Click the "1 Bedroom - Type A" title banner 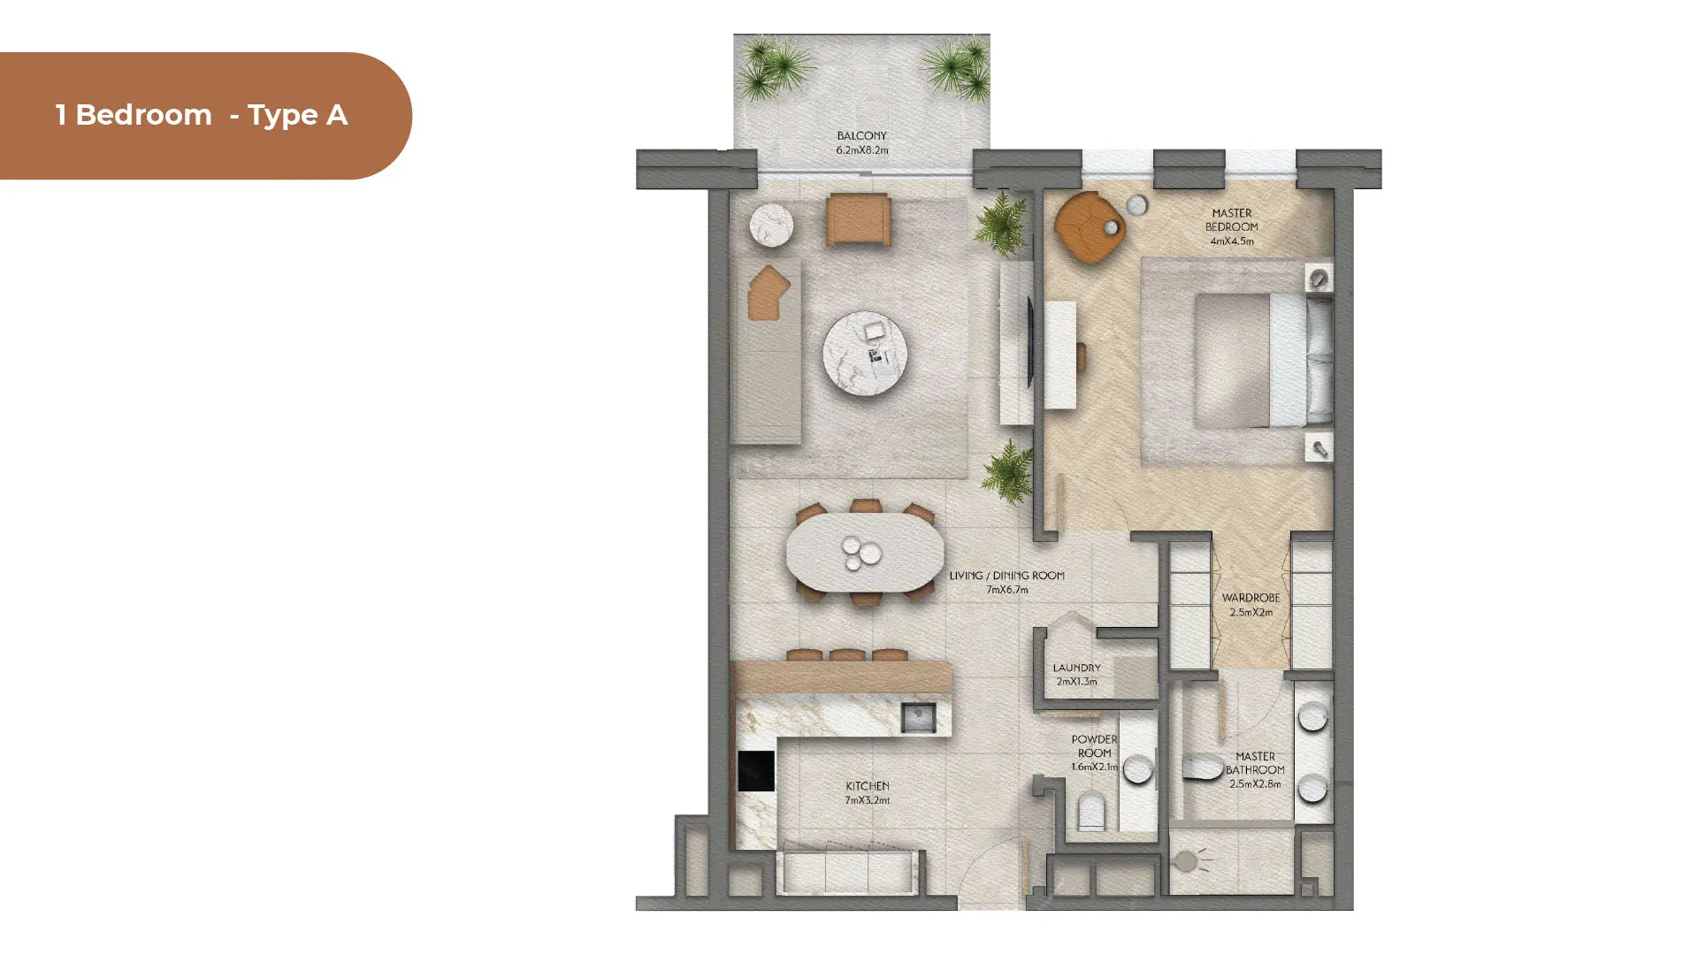(205, 116)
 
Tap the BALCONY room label (861, 136)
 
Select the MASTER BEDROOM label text (1231, 219)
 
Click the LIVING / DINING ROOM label (1006, 576)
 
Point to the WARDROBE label (1251, 598)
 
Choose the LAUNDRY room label (1076, 668)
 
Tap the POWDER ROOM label (1094, 746)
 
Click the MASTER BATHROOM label (1255, 763)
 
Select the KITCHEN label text (867, 785)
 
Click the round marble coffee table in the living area (864, 353)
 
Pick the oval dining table (864, 553)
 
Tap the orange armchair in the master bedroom (1089, 227)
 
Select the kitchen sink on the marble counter (918, 717)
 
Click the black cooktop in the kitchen (756, 771)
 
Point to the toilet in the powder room (1091, 811)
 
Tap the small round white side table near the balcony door (771, 225)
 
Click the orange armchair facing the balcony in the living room (858, 219)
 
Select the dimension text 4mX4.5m (1231, 241)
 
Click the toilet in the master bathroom (1203, 767)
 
